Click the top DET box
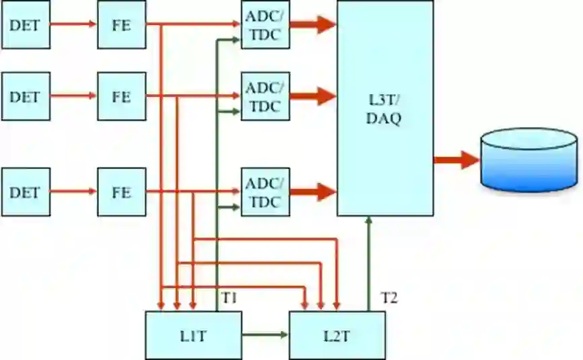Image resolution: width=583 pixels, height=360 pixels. tap(26, 25)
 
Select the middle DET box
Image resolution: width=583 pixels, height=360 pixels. tap(26, 96)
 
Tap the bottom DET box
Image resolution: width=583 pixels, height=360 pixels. tap(26, 192)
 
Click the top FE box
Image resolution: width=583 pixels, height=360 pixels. tap(121, 25)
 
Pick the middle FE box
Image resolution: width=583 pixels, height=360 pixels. tap(121, 96)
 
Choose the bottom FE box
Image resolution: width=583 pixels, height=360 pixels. tap(121, 192)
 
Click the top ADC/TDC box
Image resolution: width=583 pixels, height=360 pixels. tap(265, 25)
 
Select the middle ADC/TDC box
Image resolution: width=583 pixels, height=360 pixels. tap(265, 96)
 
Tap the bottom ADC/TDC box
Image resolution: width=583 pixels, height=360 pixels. tap(265, 192)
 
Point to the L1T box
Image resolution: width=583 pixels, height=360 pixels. tap(193, 335)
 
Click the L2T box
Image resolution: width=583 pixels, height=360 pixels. tap(337, 335)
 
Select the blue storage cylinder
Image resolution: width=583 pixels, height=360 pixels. tap(529, 159)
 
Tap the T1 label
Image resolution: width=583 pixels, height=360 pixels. tap(230, 297)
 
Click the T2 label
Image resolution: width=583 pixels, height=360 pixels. tap(389, 297)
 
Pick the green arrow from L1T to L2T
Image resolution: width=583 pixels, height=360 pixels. tap(265, 334)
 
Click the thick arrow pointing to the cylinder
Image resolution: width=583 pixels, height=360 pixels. tap(456, 159)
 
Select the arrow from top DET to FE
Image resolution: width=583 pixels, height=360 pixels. tap(73, 25)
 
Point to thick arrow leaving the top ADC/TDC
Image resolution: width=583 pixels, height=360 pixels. tap(313, 25)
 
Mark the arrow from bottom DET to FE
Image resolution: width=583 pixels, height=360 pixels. tap(73, 192)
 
